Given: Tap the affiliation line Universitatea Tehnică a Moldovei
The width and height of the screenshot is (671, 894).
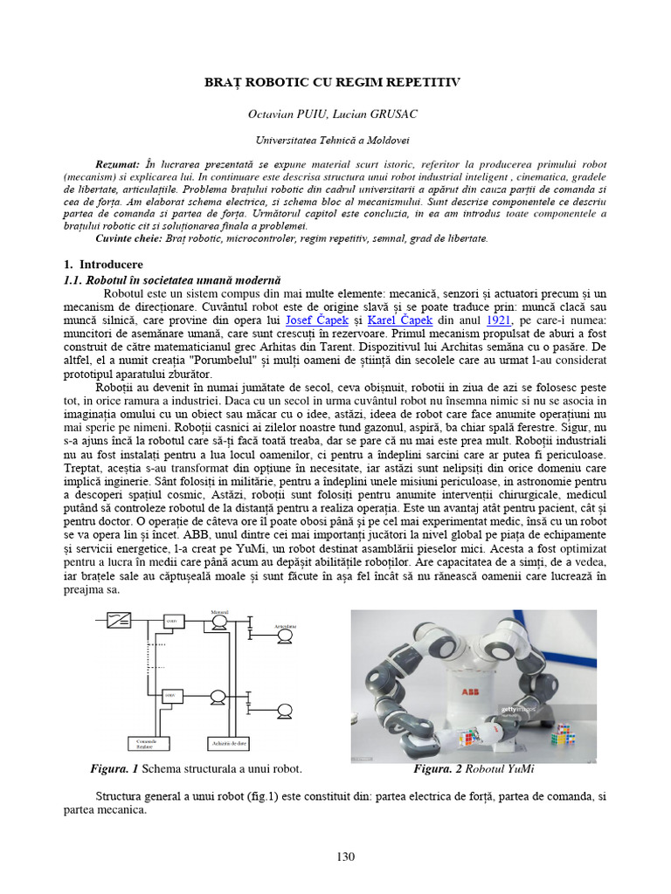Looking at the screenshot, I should [x=332, y=140].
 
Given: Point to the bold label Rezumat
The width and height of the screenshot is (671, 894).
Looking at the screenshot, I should [x=117, y=164].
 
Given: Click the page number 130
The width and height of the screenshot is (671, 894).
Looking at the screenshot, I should [x=345, y=856].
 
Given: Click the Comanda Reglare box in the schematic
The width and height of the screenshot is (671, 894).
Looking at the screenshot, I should [x=147, y=743].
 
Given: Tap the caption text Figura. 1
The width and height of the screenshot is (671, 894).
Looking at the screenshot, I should [x=114, y=769].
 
